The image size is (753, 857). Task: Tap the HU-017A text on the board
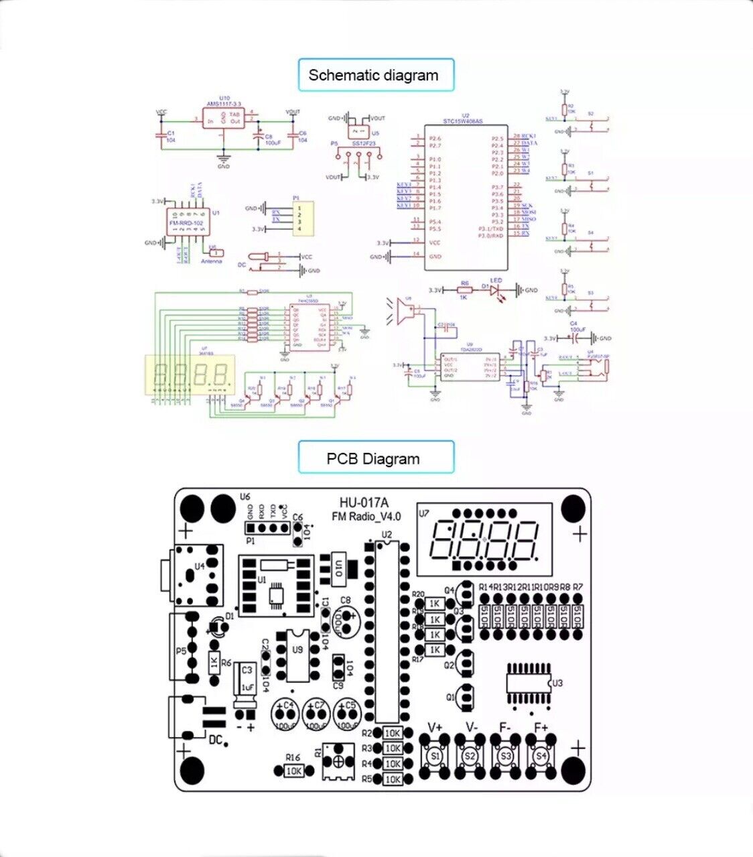point(364,503)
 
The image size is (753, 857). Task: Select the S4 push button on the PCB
point(541,756)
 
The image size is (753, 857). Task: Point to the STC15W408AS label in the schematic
point(462,121)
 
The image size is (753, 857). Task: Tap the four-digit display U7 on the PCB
point(484,539)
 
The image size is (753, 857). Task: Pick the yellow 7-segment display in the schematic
point(190,374)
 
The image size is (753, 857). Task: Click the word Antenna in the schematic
point(212,261)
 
